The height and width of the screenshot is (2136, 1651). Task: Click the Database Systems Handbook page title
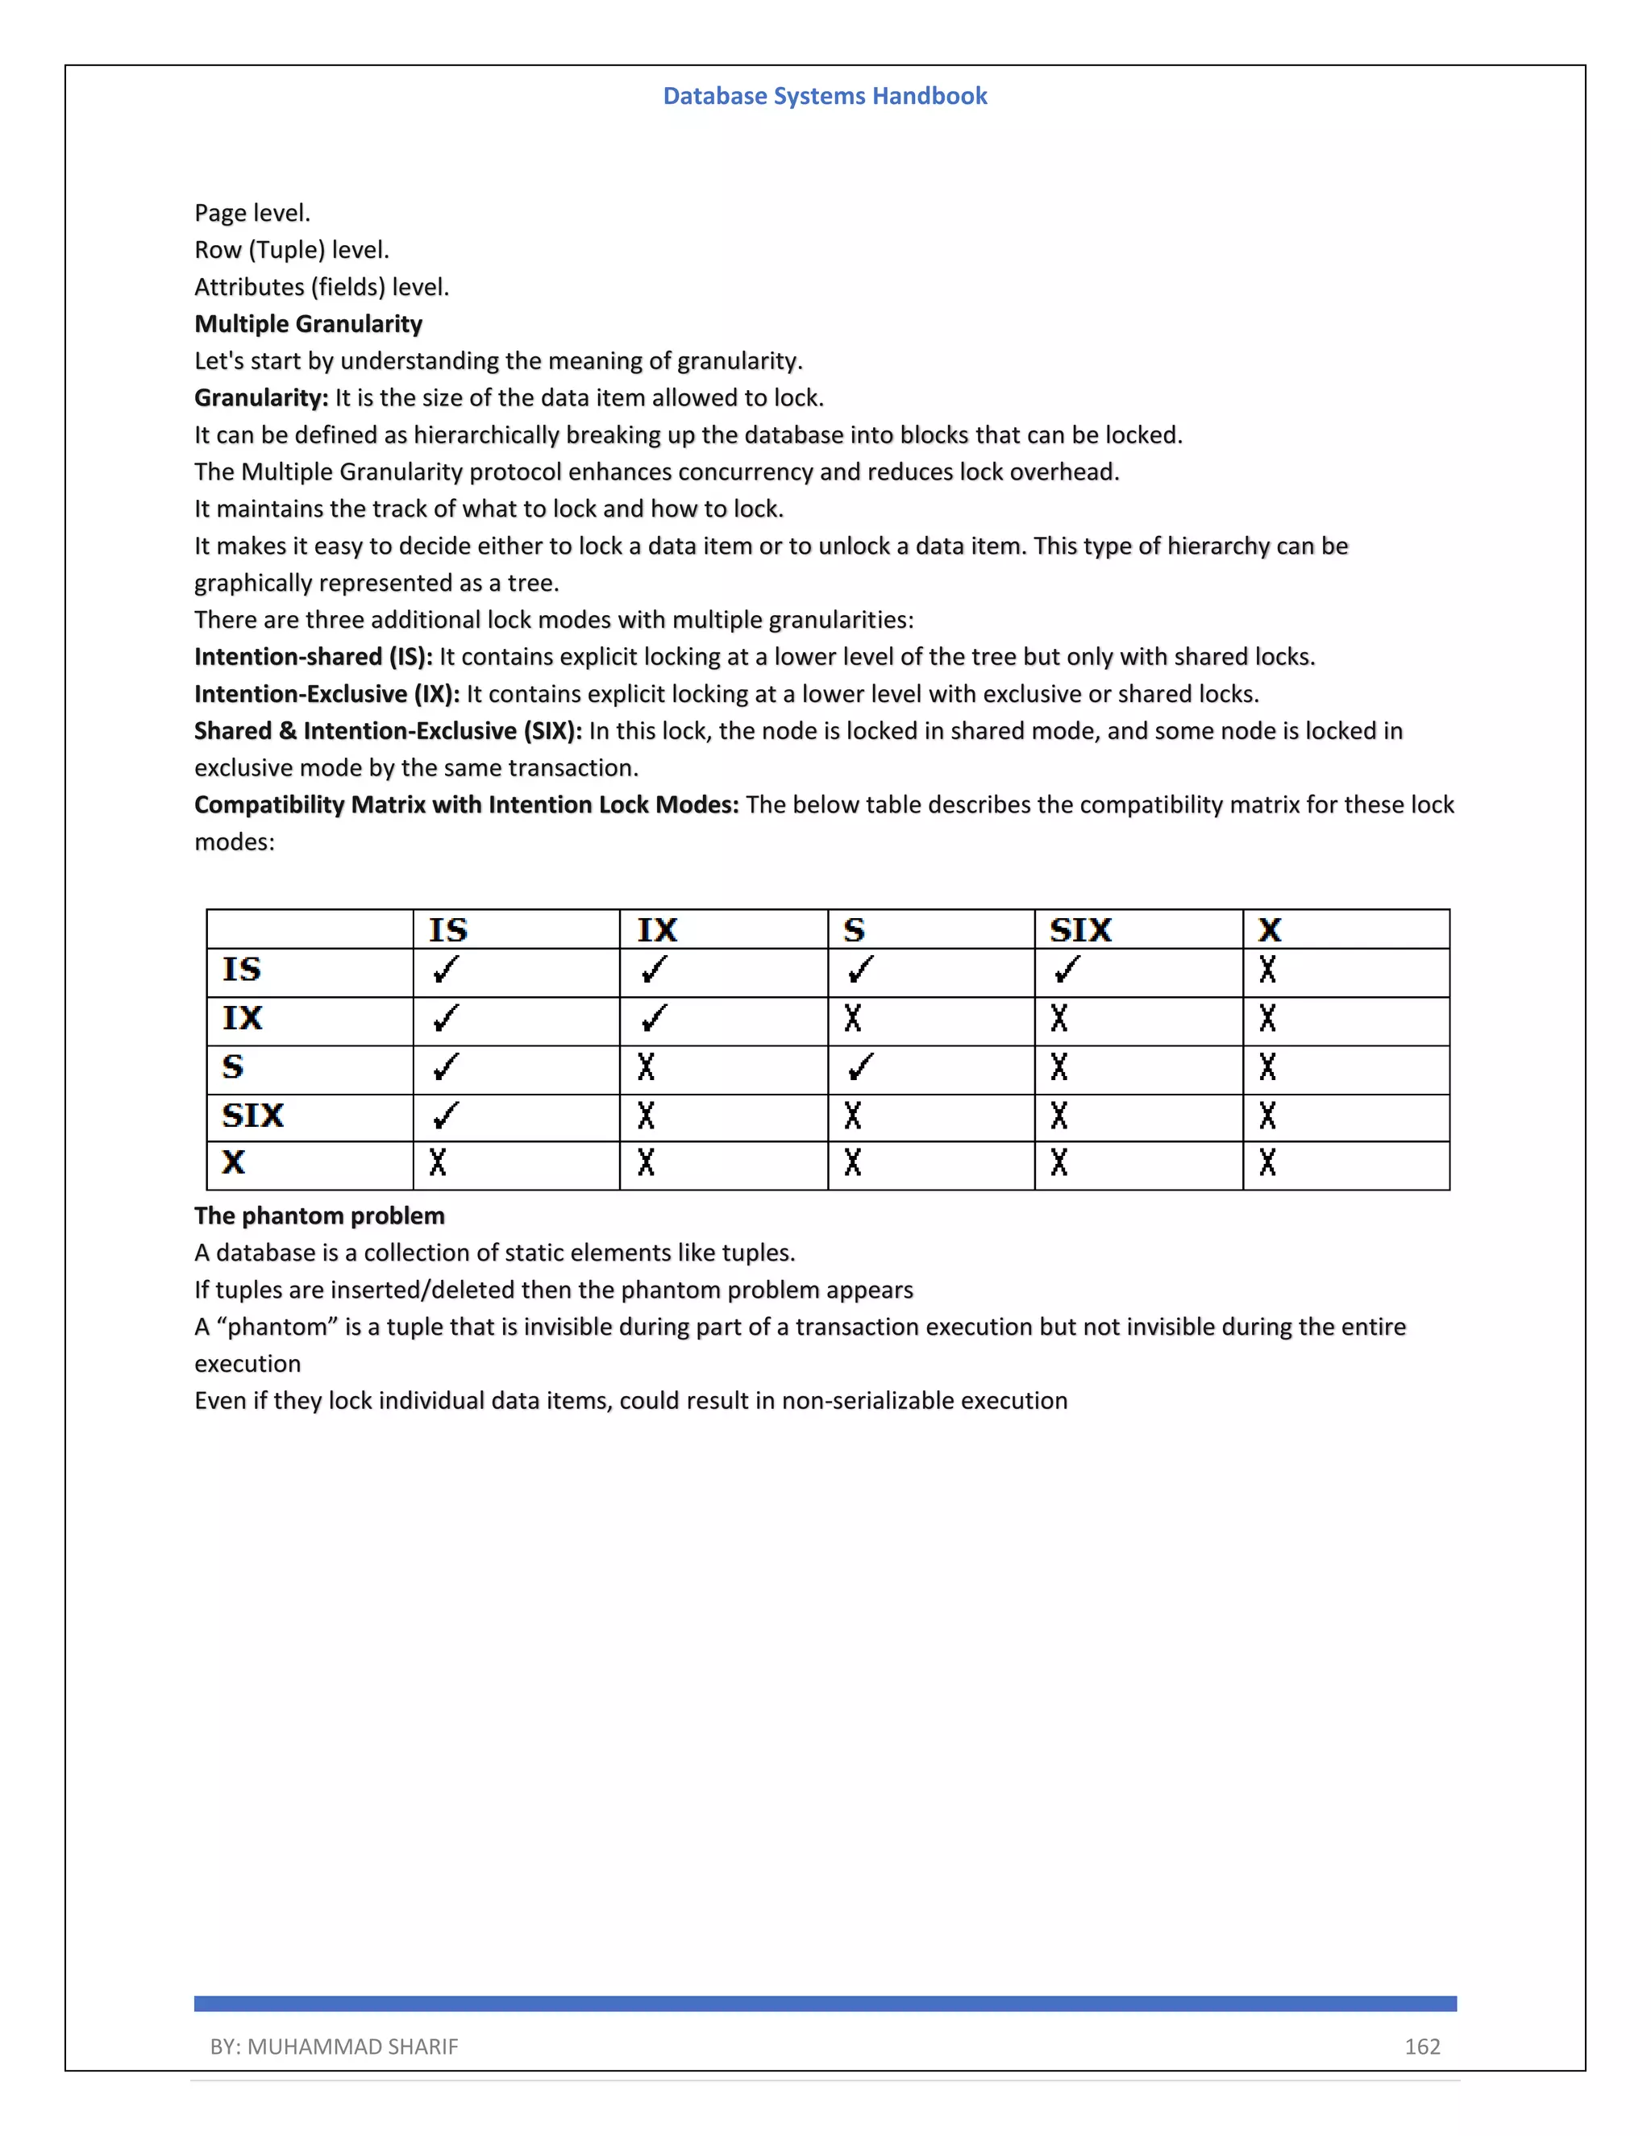[x=825, y=96]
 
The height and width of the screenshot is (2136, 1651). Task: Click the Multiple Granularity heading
[x=308, y=324]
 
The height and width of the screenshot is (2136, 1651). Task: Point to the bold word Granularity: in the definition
[x=261, y=398]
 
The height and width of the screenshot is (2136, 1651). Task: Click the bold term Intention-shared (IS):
[x=313, y=656]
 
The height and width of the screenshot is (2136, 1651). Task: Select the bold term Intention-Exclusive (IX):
[x=326, y=693]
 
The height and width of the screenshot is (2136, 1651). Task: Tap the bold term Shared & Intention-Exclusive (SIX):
[x=387, y=730]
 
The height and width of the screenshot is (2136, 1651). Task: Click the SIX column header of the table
[x=1081, y=929]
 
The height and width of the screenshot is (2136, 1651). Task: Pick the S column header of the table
[x=854, y=929]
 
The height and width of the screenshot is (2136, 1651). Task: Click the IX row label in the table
[x=242, y=1018]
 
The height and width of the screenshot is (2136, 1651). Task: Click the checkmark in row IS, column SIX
[x=1067, y=970]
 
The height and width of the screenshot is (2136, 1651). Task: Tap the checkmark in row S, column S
[x=859, y=1067]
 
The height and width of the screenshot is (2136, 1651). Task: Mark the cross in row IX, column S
[x=853, y=1019]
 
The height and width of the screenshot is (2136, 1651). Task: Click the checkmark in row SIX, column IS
[x=445, y=1115]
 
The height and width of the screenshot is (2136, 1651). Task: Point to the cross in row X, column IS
[x=437, y=1163]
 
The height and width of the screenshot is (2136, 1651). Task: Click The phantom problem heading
[x=319, y=1216]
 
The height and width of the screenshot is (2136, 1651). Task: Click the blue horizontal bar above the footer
[x=825, y=2004]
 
